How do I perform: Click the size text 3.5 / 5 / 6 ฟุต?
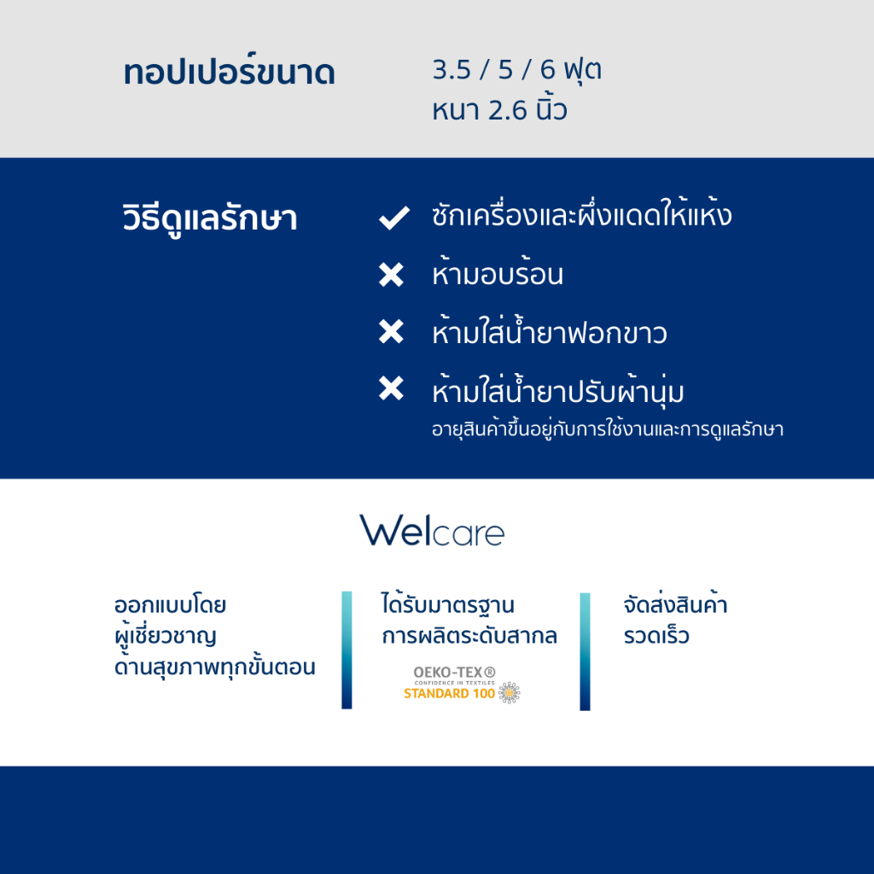pyautogui.click(x=516, y=70)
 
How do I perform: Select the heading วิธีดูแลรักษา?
pyautogui.click(x=210, y=218)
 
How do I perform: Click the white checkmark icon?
pyautogui.click(x=394, y=218)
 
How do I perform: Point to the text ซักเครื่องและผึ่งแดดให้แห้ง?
pyautogui.click(x=581, y=213)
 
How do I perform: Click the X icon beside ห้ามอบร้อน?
pyautogui.click(x=391, y=274)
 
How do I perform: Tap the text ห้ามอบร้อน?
pyautogui.click(x=498, y=272)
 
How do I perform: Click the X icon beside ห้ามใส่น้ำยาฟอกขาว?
pyautogui.click(x=391, y=331)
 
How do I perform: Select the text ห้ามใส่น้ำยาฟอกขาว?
pyautogui.click(x=549, y=331)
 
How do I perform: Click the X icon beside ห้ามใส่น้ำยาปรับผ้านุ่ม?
pyautogui.click(x=391, y=388)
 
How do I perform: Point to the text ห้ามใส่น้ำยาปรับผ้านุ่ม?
pyautogui.click(x=557, y=390)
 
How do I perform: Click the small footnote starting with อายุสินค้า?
pyautogui.click(x=608, y=429)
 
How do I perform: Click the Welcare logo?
pyautogui.click(x=432, y=530)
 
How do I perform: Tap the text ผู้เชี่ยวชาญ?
pyautogui.click(x=165, y=636)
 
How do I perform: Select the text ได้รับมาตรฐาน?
pyautogui.click(x=447, y=603)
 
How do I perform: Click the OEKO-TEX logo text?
pyautogui.click(x=454, y=673)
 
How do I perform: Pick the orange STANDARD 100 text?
pyautogui.click(x=449, y=693)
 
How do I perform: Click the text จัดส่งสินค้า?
pyautogui.click(x=675, y=603)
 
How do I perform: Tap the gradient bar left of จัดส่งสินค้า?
pyautogui.click(x=585, y=651)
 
